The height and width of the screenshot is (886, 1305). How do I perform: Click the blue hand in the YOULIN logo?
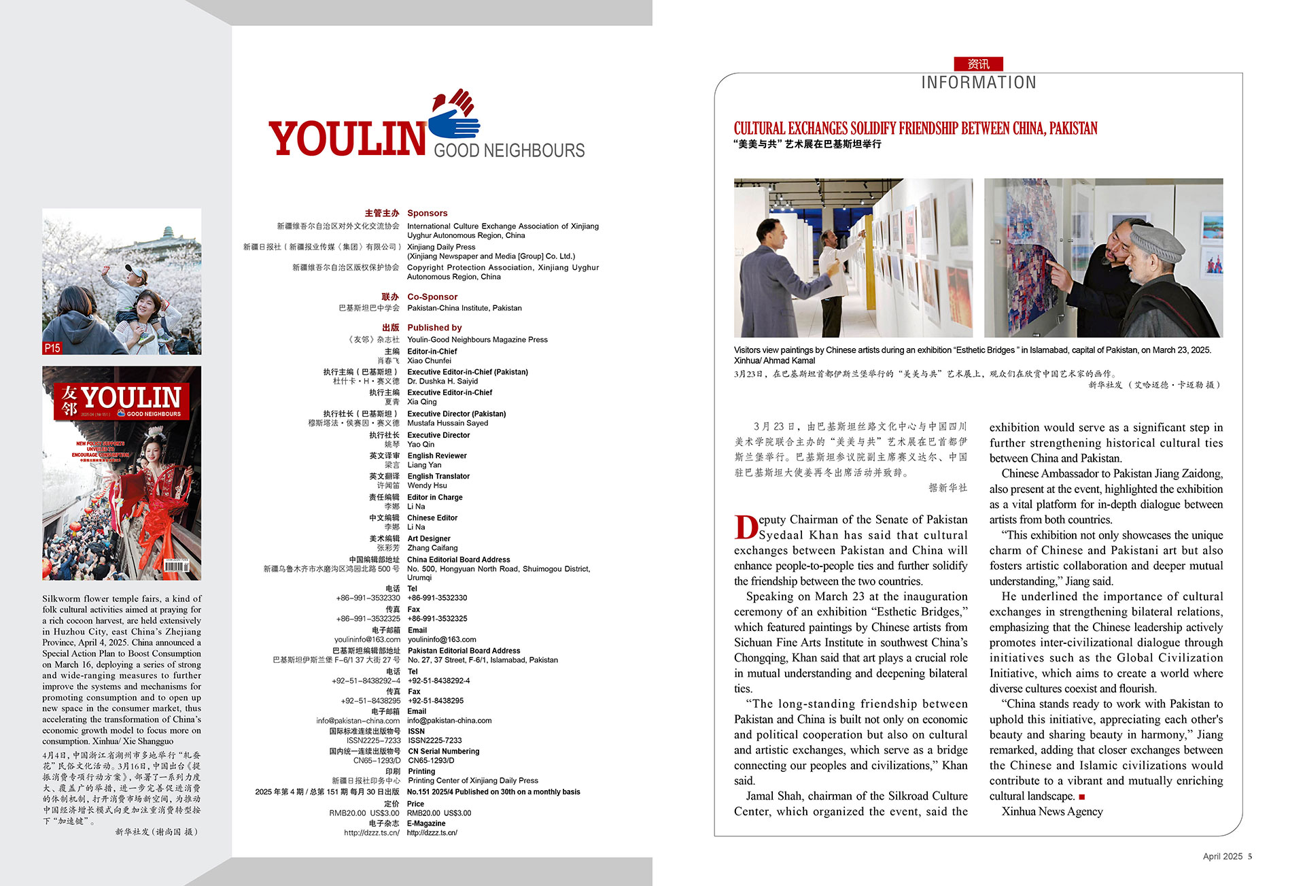pyautogui.click(x=454, y=124)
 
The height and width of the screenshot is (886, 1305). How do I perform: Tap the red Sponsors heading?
pyautogui.click(x=427, y=213)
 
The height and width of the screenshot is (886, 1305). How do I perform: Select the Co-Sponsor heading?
pyautogui.click(x=432, y=296)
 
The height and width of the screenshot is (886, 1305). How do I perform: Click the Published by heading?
pyautogui.click(x=434, y=327)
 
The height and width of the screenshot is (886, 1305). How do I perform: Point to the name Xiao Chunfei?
pyautogui.click(x=429, y=360)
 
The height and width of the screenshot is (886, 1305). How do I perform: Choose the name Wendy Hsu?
pyautogui.click(x=427, y=485)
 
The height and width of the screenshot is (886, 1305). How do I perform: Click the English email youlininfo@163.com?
pyautogui.click(x=441, y=639)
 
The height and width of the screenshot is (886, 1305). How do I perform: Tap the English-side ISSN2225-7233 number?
pyautogui.click(x=434, y=740)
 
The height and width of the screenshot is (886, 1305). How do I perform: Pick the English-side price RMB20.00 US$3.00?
pyautogui.click(x=438, y=813)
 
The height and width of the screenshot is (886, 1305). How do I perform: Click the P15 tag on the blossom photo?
pyautogui.click(x=52, y=347)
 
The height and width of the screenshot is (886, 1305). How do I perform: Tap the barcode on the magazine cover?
pyautogui.click(x=176, y=566)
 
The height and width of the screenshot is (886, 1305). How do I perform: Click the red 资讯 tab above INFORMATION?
pyautogui.click(x=978, y=64)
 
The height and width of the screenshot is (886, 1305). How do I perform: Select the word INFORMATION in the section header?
pyautogui.click(x=978, y=82)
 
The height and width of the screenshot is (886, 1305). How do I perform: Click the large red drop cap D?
pyautogui.click(x=746, y=527)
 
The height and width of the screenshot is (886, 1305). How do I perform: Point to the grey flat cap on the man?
pyautogui.click(x=1155, y=241)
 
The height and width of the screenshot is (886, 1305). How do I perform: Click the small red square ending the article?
pyautogui.click(x=1082, y=796)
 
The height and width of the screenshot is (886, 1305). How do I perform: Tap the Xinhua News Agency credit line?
pyautogui.click(x=1051, y=811)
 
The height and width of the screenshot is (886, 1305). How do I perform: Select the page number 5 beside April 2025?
pyautogui.click(x=1250, y=856)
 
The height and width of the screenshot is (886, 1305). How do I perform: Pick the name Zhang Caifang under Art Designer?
pyautogui.click(x=432, y=547)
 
